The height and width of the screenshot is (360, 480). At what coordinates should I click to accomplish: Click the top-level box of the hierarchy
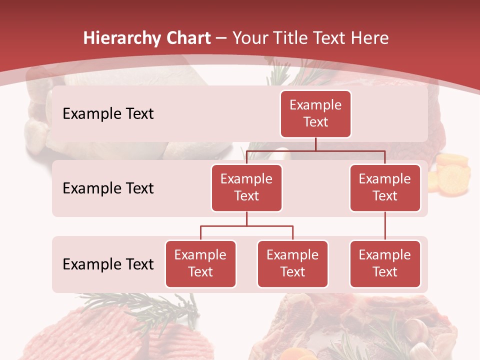point(315,113)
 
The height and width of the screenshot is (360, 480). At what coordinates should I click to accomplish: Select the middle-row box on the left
point(246,187)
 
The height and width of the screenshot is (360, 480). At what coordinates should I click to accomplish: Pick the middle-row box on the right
point(385,187)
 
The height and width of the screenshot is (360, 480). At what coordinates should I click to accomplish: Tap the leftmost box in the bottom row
point(200,263)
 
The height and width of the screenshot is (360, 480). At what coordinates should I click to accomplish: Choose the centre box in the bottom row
point(292,263)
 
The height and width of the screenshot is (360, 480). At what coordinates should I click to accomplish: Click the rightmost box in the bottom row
point(385,263)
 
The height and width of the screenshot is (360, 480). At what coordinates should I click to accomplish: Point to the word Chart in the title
point(186,38)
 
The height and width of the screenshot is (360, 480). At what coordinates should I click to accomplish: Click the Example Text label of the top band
point(108,114)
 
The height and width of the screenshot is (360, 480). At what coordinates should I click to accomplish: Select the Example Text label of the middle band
point(108,188)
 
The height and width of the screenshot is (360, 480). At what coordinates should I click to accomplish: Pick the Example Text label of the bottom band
point(108,264)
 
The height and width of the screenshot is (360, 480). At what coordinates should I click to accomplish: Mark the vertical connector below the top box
point(315,144)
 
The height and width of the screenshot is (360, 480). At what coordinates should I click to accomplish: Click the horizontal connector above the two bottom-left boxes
point(246,226)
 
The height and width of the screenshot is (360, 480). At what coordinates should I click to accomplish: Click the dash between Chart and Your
point(221,38)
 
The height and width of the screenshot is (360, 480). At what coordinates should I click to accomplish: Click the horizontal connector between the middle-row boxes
point(315,150)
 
